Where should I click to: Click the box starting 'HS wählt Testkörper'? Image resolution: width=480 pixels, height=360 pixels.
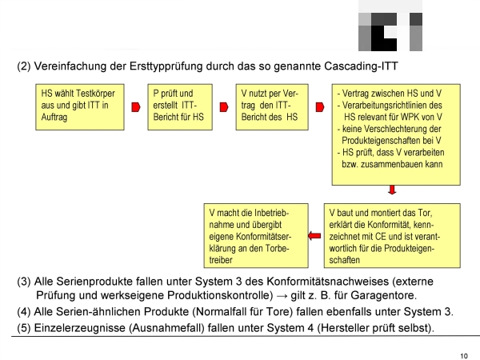coord(80,107)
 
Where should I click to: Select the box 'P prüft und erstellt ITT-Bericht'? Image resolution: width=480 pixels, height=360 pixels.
coord(180,107)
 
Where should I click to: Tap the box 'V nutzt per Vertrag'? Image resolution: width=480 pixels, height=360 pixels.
coord(272,107)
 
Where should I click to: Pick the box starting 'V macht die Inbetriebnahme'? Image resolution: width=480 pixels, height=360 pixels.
coord(256,236)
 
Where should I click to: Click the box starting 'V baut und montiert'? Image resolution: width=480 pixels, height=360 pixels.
coord(392,236)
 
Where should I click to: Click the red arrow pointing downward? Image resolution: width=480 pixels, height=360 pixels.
coord(392,190)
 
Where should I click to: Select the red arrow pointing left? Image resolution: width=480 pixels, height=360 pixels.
coord(314,236)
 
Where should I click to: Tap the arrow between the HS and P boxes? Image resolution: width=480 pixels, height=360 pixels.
coord(136,107)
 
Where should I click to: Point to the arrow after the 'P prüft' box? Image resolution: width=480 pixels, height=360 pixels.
coord(224,107)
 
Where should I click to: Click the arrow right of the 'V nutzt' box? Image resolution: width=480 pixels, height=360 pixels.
coord(320,107)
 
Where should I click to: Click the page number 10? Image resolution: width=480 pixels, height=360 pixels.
coord(464,356)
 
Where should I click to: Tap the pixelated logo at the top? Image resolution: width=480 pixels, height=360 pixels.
coord(390,26)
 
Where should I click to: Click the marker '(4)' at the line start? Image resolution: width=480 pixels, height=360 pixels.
coord(24,312)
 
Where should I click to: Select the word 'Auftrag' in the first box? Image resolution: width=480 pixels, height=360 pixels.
coord(54,118)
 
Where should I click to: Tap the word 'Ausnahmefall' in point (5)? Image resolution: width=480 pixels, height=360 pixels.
coord(166,328)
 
